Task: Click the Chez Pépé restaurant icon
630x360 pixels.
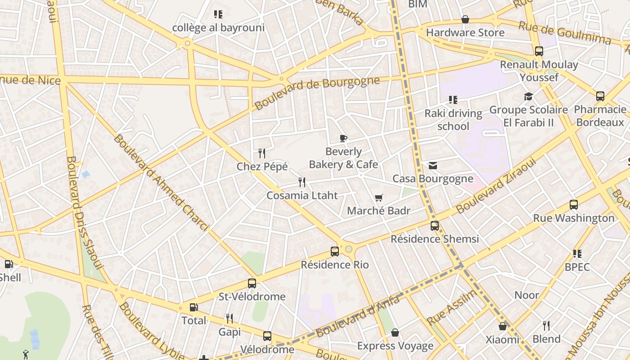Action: [x=262, y=153]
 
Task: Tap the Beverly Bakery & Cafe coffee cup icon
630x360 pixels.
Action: [x=343, y=138]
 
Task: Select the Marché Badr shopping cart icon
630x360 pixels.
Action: [x=379, y=198]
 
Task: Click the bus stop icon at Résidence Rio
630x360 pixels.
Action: [x=335, y=252]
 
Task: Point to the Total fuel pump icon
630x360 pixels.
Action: [x=193, y=307]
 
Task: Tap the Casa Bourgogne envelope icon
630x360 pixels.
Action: [x=433, y=166]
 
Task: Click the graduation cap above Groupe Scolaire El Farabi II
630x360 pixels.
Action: [x=528, y=97]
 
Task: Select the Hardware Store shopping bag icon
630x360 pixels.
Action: [x=465, y=19]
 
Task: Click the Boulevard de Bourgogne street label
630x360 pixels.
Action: [x=317, y=93]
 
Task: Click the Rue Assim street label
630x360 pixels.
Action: [x=452, y=307]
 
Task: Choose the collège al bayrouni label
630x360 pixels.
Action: [x=218, y=28]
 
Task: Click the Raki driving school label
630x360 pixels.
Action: [x=453, y=120]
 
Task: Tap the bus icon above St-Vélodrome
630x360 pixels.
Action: [x=252, y=283]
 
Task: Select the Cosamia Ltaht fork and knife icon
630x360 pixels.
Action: [x=302, y=182]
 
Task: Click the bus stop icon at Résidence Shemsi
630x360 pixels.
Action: [x=435, y=226]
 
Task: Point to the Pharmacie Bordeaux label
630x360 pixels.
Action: [x=600, y=116]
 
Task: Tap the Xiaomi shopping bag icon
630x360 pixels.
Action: [x=503, y=326]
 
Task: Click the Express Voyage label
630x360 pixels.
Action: [x=395, y=346]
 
